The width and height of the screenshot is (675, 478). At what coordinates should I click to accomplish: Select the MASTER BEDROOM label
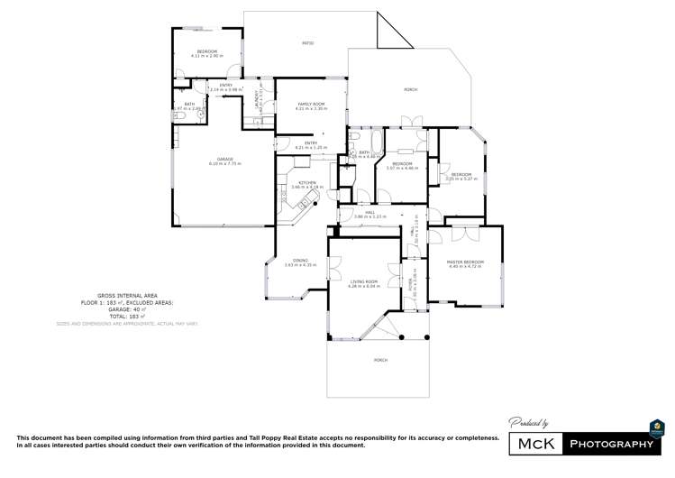tap(465, 262)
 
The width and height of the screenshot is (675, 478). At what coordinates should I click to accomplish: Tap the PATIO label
tap(307, 42)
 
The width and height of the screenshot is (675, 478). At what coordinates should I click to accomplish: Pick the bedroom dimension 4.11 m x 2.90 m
tap(207, 56)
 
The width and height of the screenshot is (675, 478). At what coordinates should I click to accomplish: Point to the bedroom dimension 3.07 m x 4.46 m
tap(403, 168)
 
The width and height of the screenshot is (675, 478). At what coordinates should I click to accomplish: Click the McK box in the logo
tap(536, 445)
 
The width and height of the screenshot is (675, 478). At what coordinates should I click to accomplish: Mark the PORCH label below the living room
tap(380, 360)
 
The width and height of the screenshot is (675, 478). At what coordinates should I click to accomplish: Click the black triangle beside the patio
tap(388, 36)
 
